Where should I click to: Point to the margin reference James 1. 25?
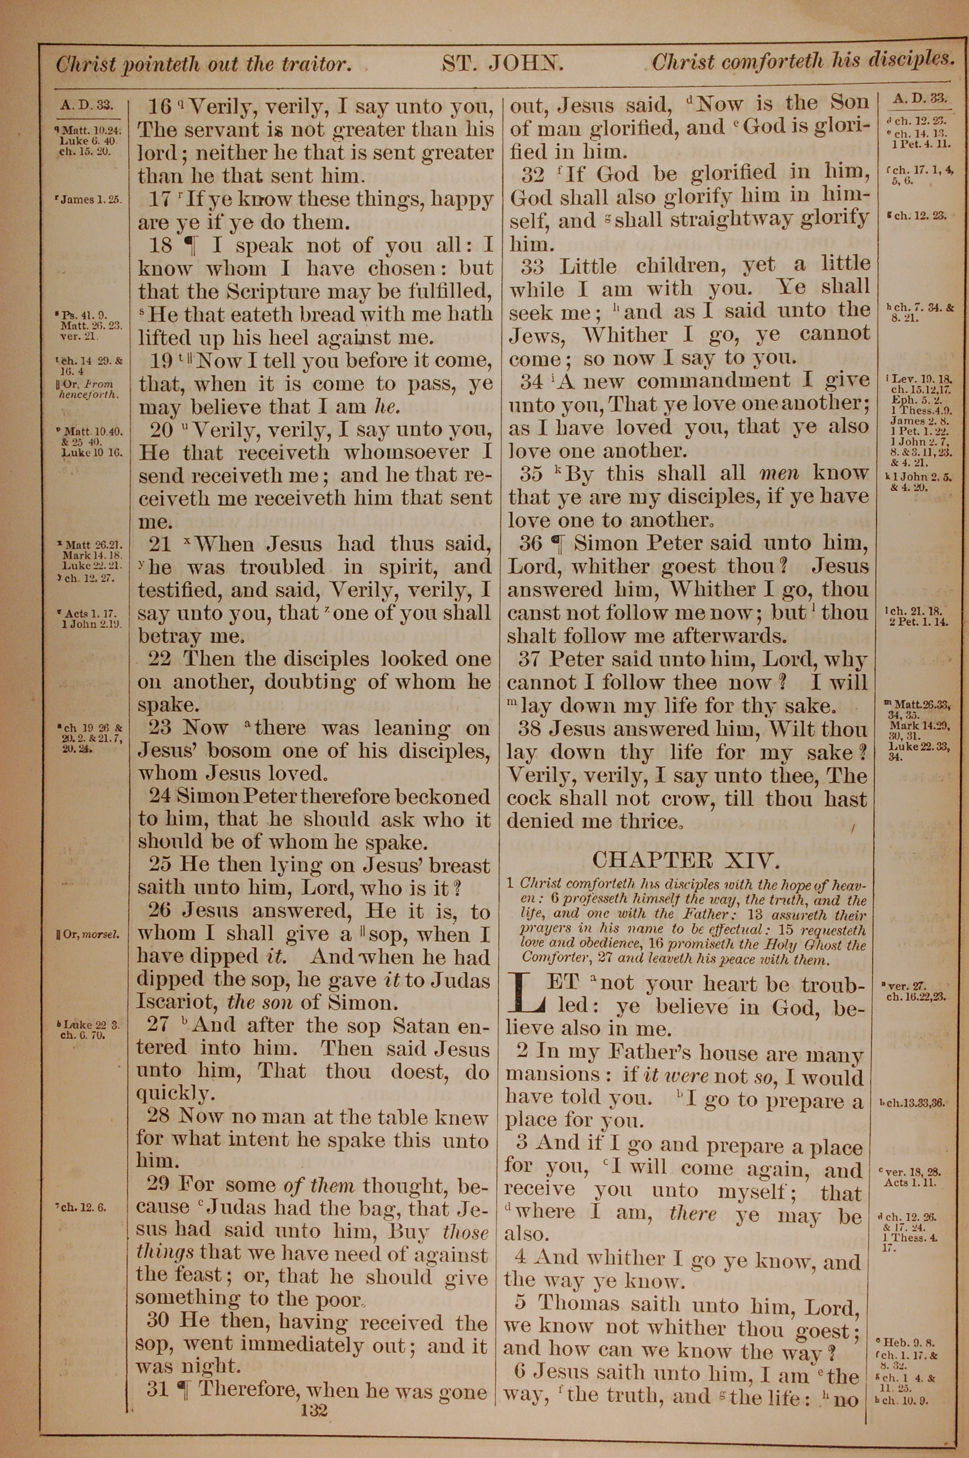coord(89,200)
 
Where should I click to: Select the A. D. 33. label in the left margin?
coord(87,105)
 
